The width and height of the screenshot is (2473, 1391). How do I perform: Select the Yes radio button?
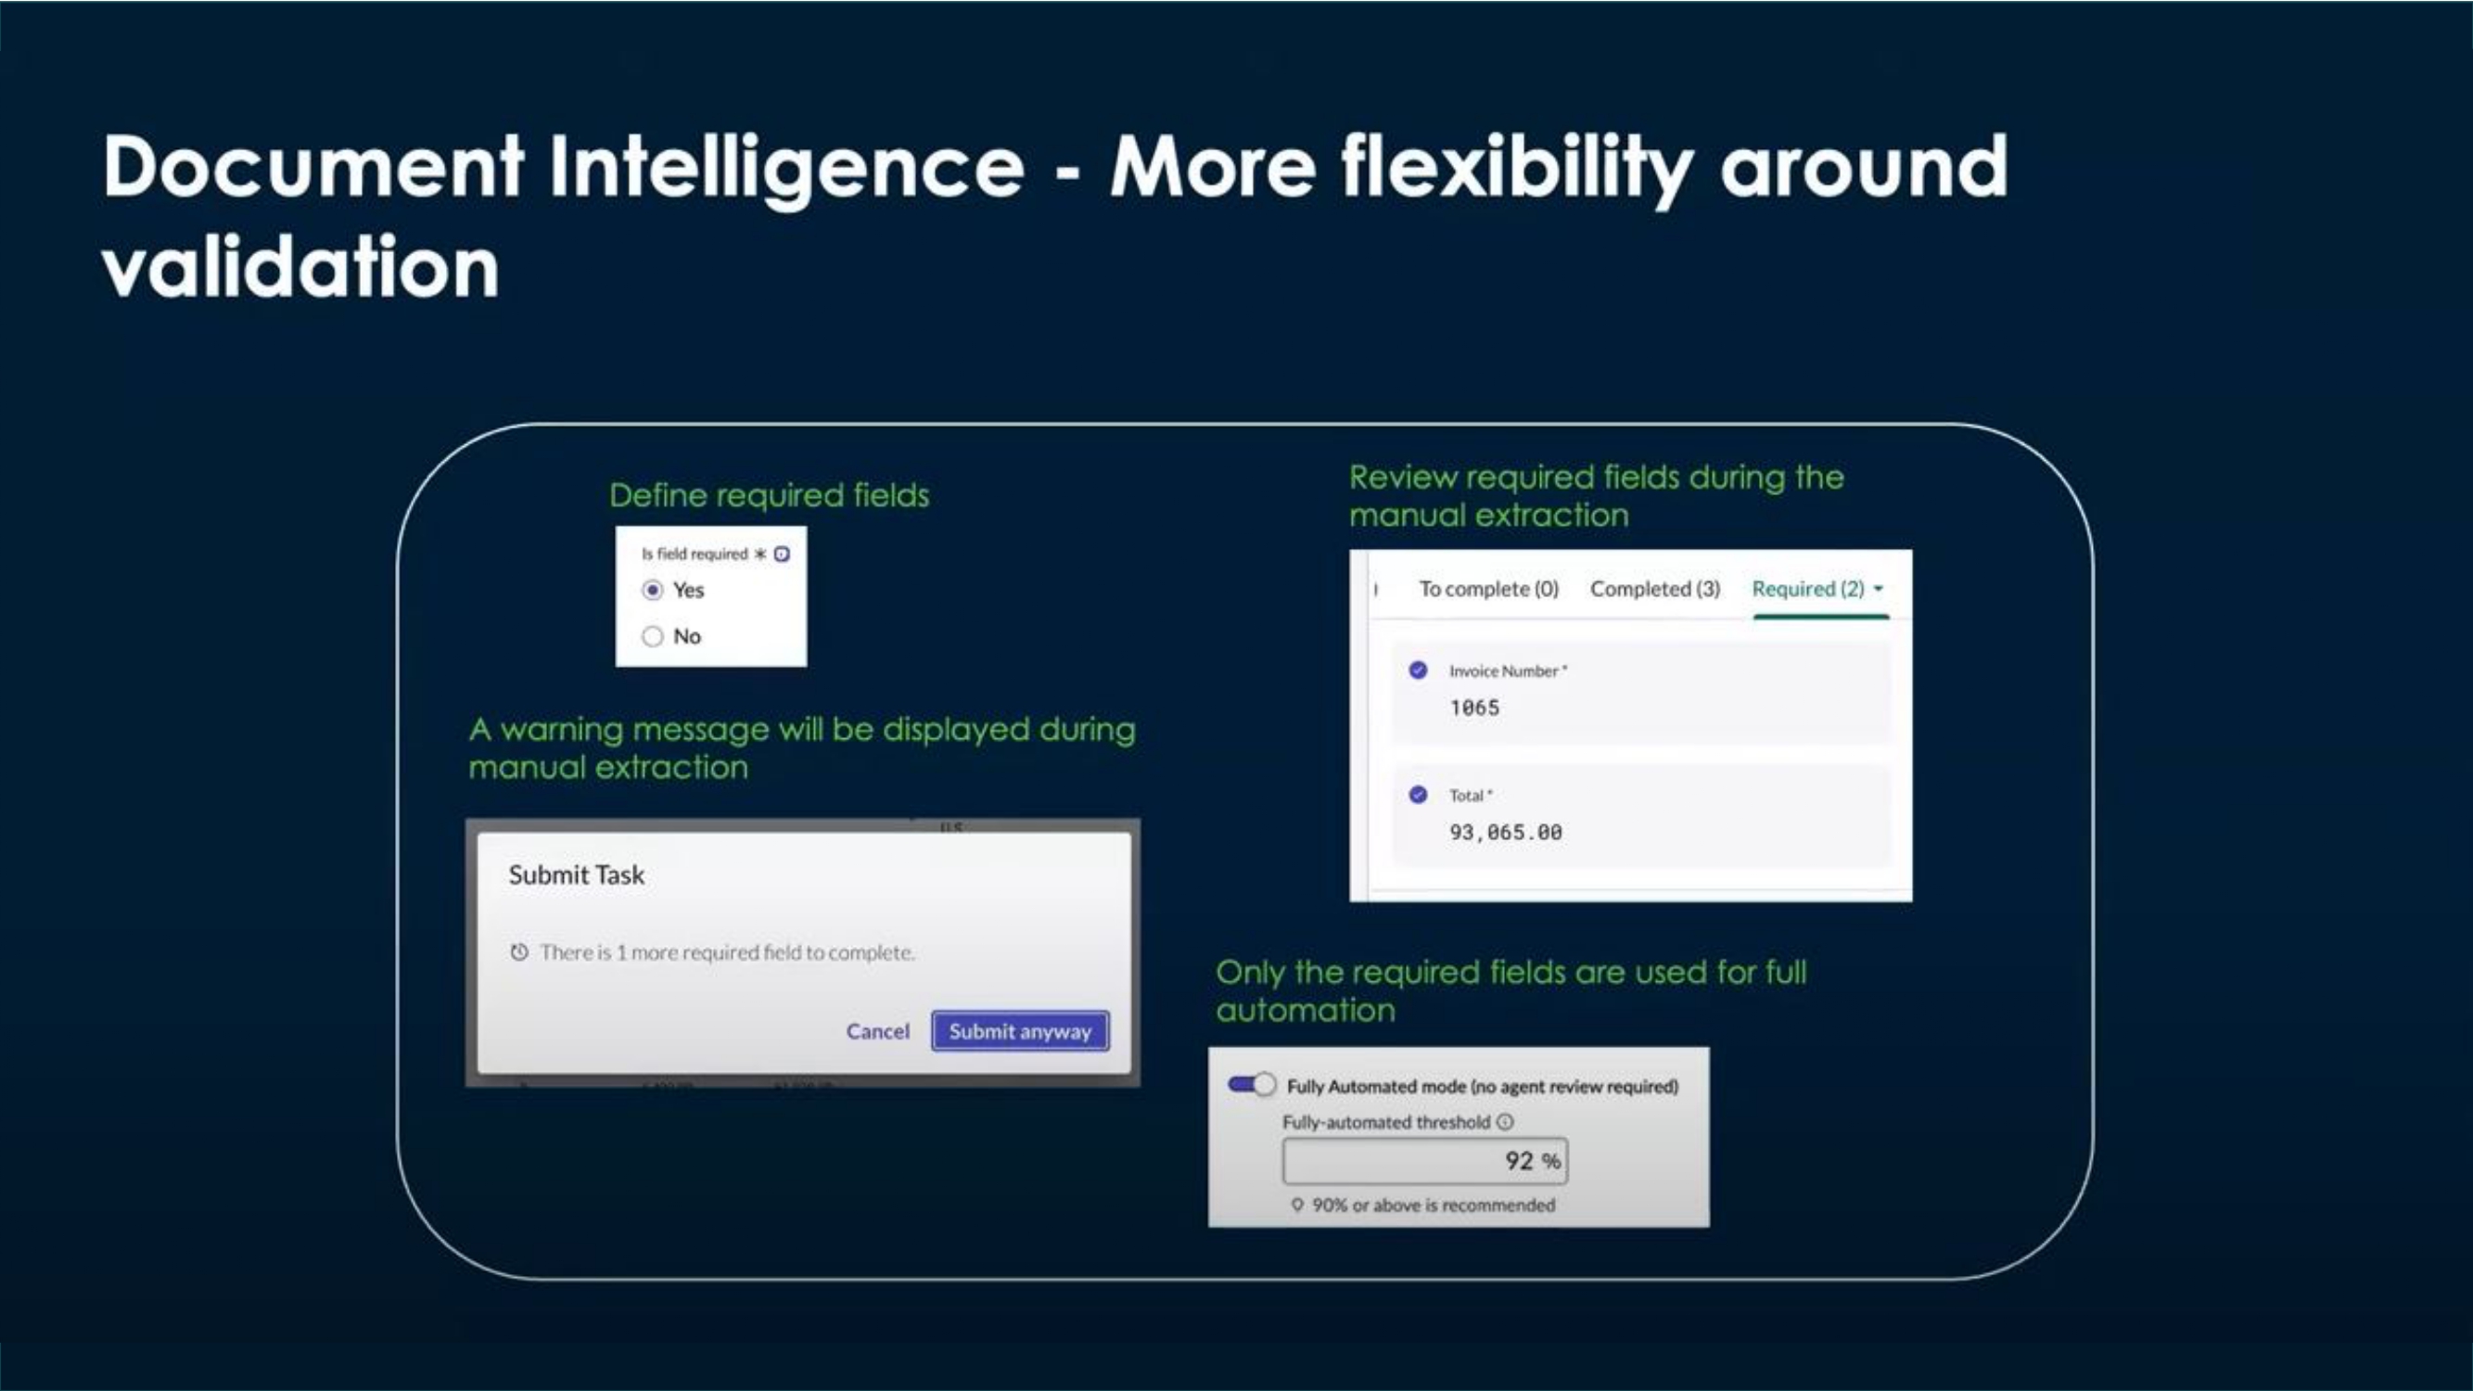tap(653, 591)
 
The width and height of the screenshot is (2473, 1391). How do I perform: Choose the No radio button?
tap(653, 636)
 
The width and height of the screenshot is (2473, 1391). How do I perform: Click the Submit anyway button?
tap(1020, 1031)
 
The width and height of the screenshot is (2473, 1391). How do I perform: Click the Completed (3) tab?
tap(1654, 589)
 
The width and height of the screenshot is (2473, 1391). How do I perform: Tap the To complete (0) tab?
tap(1488, 589)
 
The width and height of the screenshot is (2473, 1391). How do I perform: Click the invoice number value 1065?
tap(1474, 708)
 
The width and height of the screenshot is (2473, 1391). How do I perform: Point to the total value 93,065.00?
tap(1505, 833)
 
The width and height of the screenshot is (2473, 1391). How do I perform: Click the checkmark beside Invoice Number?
tap(1418, 671)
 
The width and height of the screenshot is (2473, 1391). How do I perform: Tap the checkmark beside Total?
tap(1418, 795)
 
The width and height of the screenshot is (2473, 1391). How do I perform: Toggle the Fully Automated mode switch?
tap(1252, 1085)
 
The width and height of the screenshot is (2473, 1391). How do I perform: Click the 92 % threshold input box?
tap(1423, 1162)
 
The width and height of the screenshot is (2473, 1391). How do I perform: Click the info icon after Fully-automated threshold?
tap(1505, 1122)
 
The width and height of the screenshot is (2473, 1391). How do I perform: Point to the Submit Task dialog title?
tap(576, 874)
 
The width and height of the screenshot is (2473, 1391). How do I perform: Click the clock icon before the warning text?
tap(519, 952)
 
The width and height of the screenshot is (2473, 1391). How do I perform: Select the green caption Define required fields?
tap(769, 495)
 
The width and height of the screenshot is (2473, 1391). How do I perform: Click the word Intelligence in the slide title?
tap(786, 168)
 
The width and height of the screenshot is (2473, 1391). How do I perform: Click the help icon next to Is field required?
tap(783, 554)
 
